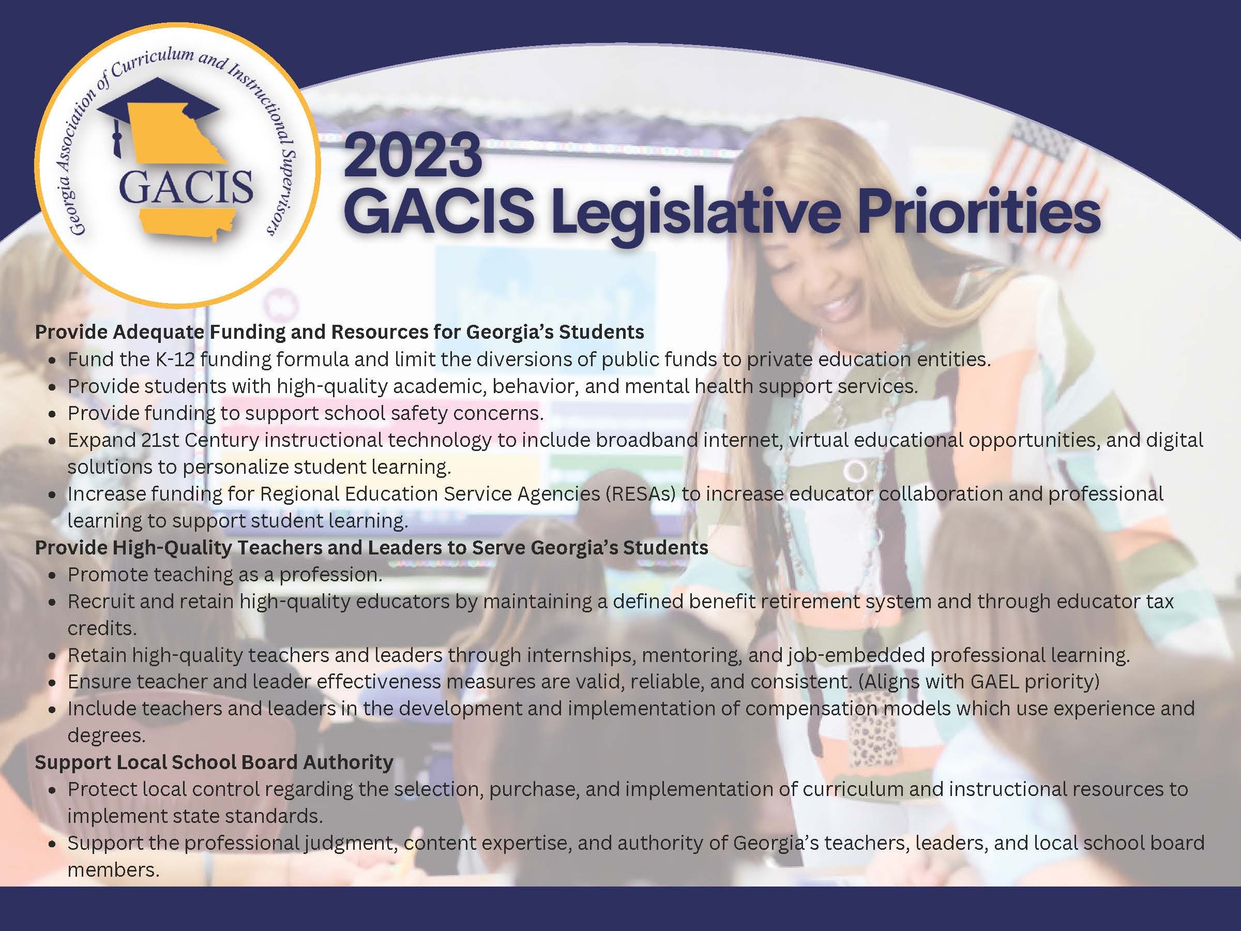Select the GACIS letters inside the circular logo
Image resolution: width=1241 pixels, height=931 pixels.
pyautogui.click(x=186, y=187)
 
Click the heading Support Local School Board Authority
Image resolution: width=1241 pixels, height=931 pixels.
pyautogui.click(x=214, y=762)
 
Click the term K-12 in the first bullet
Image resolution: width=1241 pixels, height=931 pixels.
pyautogui.click(x=174, y=359)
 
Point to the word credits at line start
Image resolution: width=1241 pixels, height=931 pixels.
pyautogui.click(x=101, y=628)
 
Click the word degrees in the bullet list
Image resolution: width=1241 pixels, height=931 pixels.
pyautogui.click(x=106, y=735)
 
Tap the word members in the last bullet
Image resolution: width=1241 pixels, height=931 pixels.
pyautogui.click(x=113, y=869)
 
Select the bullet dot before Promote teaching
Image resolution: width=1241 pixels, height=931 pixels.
pyautogui.click(x=52, y=576)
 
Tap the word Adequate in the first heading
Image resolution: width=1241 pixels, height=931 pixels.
pyautogui.click(x=158, y=332)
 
